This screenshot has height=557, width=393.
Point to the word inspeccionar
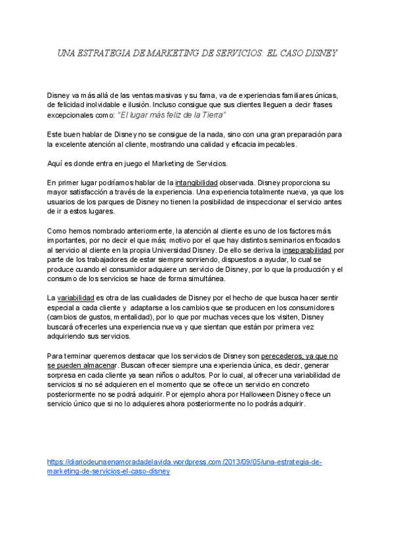point(261,202)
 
